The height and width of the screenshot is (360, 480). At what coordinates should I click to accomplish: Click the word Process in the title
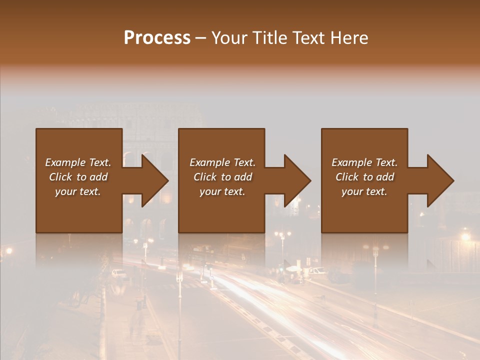157,38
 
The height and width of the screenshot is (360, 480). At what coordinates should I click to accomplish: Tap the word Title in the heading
268,38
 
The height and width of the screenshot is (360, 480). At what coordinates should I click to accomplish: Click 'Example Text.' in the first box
78,162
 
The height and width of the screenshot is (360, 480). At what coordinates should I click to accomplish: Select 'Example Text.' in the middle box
222,162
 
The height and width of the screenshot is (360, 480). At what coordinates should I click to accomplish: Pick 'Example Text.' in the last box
364,162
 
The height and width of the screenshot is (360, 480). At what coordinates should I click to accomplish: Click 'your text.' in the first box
78,191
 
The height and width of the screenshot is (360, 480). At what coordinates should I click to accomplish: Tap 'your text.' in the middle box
222,191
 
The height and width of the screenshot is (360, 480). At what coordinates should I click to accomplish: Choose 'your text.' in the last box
364,191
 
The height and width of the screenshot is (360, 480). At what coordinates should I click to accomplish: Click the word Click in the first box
60,177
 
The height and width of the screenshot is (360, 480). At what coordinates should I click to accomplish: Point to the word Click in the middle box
205,177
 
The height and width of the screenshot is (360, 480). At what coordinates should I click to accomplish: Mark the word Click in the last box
347,177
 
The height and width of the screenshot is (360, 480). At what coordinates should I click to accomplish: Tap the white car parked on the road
119,273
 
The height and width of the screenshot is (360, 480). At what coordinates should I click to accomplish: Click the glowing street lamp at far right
465,236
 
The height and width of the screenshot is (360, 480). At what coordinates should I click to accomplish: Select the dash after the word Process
201,38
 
